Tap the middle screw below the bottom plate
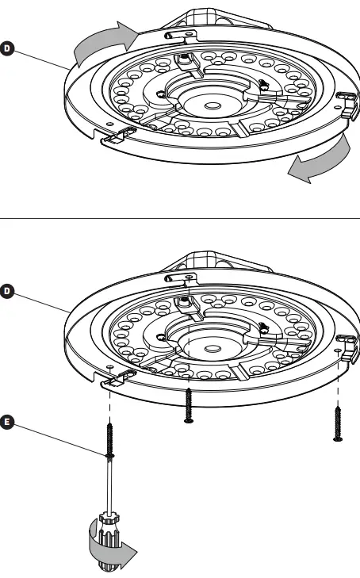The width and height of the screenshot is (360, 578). point(188,405)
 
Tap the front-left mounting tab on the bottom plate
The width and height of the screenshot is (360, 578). point(115,377)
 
